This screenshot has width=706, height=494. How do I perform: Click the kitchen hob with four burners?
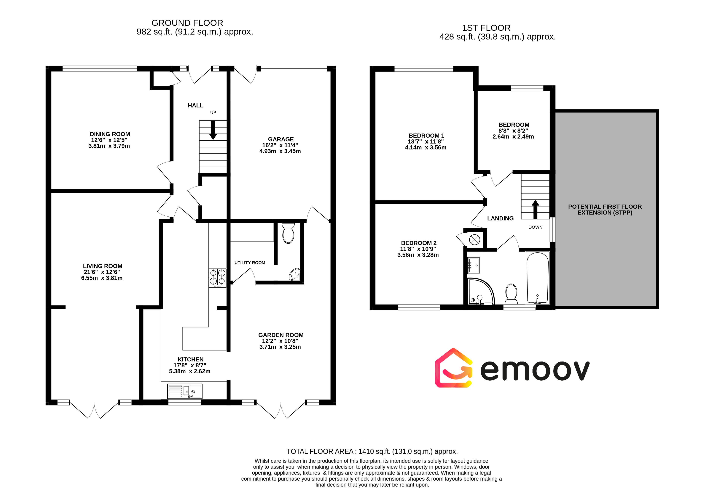(217, 278)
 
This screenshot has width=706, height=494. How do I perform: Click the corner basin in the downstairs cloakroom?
(295, 274)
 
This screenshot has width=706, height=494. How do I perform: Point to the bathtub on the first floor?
(538, 278)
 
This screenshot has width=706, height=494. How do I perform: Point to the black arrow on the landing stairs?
(535, 209)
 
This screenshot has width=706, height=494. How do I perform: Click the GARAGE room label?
(281, 139)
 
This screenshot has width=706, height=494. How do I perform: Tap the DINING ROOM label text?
(110, 134)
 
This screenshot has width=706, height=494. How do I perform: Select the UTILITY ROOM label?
(250, 263)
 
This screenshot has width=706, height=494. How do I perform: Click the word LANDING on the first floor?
(500, 218)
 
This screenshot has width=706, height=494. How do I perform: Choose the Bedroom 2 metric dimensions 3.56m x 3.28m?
(418, 255)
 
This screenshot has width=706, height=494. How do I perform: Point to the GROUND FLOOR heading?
(187, 23)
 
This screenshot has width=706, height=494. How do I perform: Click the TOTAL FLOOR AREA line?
(372, 451)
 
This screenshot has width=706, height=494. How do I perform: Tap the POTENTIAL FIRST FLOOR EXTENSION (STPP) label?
(605, 210)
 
